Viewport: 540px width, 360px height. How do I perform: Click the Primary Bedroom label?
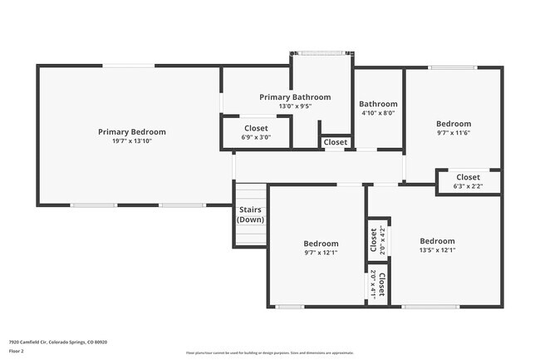(131, 131)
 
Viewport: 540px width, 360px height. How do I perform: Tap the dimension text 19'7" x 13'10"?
(131, 141)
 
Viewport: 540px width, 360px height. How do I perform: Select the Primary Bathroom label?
(294, 97)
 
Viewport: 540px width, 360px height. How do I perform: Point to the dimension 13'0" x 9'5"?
(294, 106)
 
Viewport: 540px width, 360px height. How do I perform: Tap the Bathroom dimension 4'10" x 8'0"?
(378, 113)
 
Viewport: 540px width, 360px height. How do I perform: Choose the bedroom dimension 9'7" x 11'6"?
(454, 133)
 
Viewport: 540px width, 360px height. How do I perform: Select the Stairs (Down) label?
(250, 215)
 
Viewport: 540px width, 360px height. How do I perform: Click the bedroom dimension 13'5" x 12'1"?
(437, 249)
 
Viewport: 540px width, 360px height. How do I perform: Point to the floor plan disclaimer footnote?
(270, 353)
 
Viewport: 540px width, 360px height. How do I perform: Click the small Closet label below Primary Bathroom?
(336, 142)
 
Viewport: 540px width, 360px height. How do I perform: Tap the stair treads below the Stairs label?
(250, 235)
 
